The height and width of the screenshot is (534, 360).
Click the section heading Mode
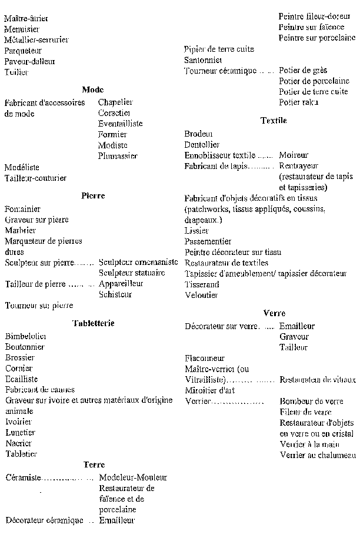click(x=92, y=89)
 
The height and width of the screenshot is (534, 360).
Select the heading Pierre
click(x=92, y=196)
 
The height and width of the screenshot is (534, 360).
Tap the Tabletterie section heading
click(x=92, y=323)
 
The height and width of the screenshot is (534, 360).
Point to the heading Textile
click(x=273, y=121)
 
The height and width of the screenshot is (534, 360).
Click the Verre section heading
click(x=274, y=313)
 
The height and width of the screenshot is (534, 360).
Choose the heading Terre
click(x=94, y=465)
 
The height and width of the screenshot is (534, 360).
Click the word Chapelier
click(x=115, y=102)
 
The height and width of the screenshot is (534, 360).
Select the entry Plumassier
click(x=118, y=156)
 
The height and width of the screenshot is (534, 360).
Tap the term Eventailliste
click(x=120, y=124)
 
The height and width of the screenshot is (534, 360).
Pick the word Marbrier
click(x=20, y=230)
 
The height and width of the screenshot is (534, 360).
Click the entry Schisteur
click(x=115, y=294)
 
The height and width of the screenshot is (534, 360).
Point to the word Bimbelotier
click(x=25, y=336)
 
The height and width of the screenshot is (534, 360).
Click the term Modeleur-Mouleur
click(x=133, y=477)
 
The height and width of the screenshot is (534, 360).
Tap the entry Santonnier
click(x=202, y=60)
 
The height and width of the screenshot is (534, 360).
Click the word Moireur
click(x=294, y=155)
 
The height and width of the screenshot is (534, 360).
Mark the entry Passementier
click(x=208, y=241)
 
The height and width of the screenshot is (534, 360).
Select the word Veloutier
click(x=202, y=295)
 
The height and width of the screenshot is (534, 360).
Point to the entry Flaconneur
click(x=204, y=358)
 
